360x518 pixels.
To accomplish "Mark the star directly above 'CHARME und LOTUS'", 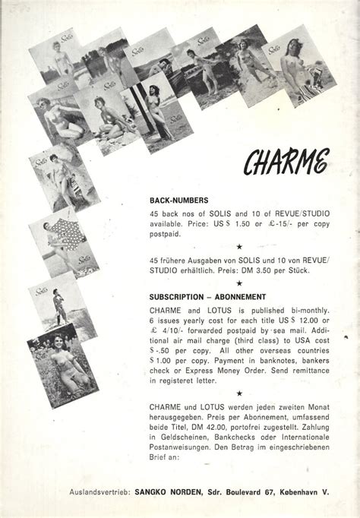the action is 239,393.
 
